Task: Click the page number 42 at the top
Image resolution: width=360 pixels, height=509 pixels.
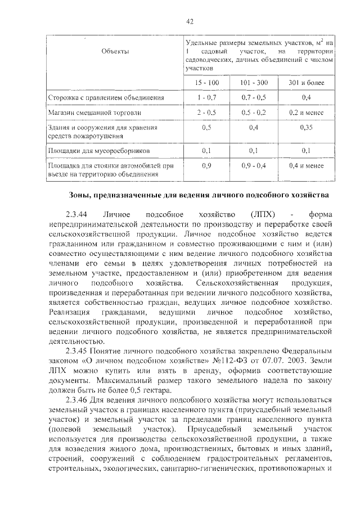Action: pos(190,21)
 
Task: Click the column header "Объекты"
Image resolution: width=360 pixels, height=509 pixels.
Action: pos(115,51)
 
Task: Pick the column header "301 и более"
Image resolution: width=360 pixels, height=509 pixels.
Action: pos(306,83)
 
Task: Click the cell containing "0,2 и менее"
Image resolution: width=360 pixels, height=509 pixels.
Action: pos(306,113)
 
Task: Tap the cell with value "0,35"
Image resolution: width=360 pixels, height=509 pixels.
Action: pos(306,128)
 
